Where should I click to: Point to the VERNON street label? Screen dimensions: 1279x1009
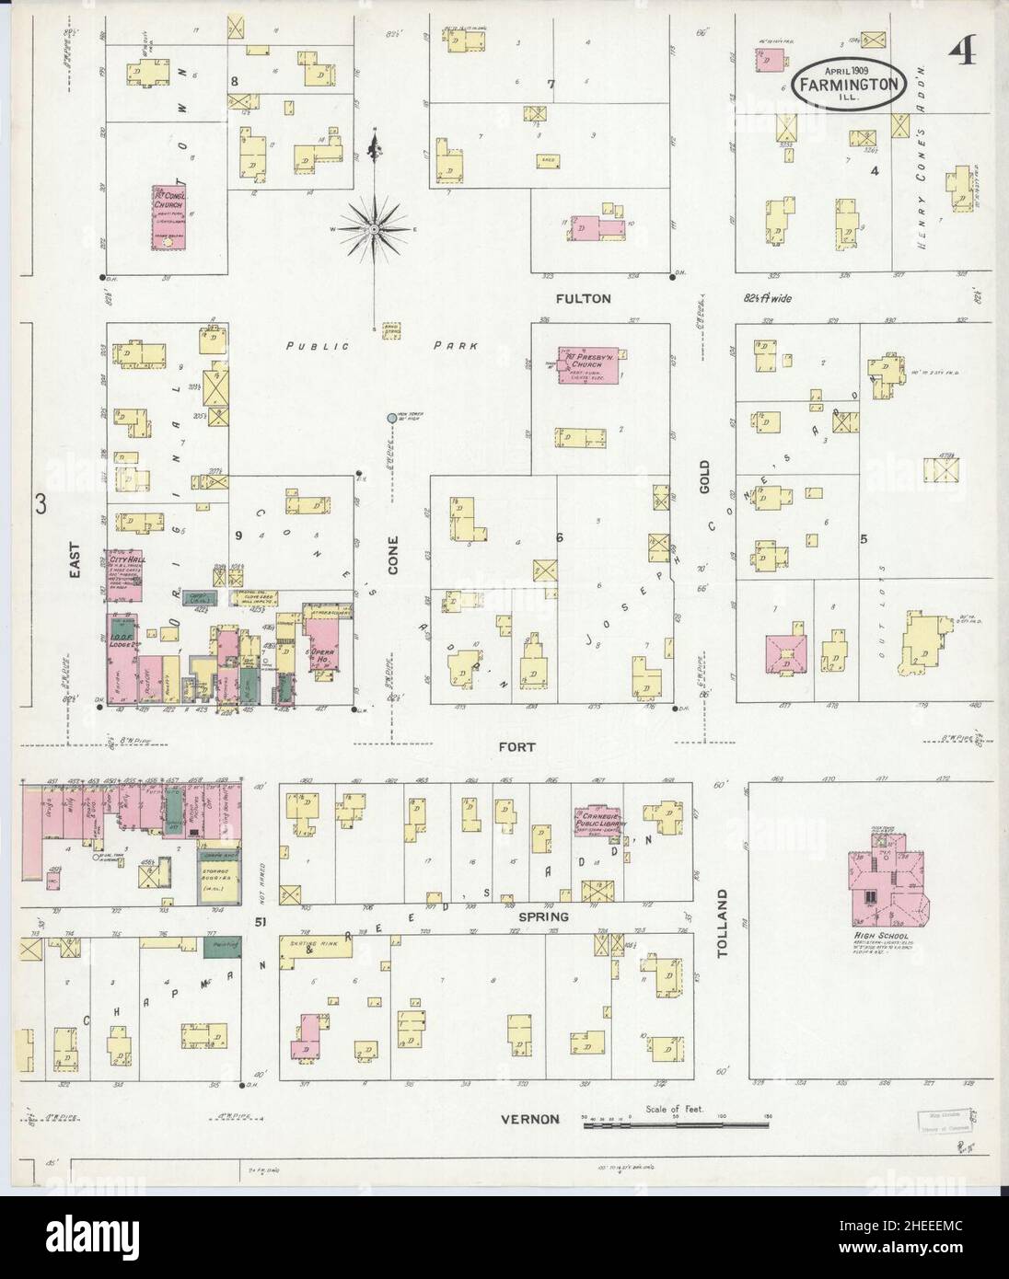(529, 1118)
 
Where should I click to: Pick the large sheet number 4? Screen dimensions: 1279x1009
(965, 52)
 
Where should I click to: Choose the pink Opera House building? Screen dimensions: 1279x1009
(323, 650)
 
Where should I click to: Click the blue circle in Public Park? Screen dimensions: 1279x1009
(392, 418)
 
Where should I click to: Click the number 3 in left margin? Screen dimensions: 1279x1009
(41, 503)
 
